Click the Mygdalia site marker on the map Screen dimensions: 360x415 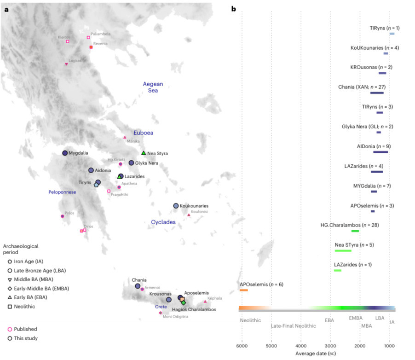point(65,153)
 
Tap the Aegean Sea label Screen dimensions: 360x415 point(153,87)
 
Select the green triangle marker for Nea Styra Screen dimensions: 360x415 point(144,153)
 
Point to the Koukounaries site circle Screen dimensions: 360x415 point(176,206)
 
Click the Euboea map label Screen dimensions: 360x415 point(143,133)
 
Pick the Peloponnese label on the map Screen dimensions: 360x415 point(62,192)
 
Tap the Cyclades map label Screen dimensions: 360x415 point(163,222)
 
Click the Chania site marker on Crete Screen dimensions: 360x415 point(138,286)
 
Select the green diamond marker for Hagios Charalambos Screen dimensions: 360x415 point(183,303)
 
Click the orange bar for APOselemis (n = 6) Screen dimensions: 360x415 point(244,290)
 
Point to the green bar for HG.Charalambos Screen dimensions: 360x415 point(355,231)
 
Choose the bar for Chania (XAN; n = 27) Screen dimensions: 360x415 point(377,93)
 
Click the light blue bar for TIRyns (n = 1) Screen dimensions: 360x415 point(392,34)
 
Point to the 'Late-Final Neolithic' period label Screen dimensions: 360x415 point(294,326)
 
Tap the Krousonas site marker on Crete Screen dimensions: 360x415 point(169,300)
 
